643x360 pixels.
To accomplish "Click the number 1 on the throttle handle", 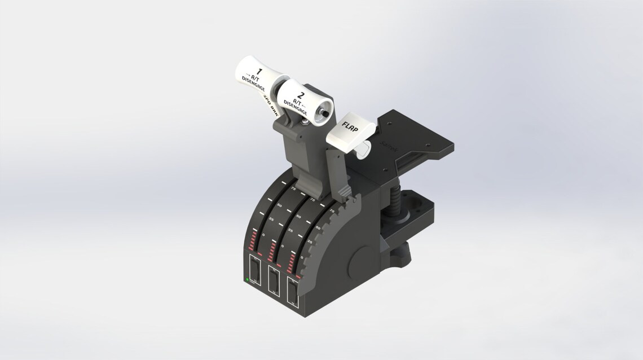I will click(x=259, y=72).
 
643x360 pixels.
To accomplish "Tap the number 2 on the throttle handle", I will click(x=301, y=95).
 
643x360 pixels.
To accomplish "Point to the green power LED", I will click(x=247, y=279).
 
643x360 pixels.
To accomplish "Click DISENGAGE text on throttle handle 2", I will click(x=294, y=105).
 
